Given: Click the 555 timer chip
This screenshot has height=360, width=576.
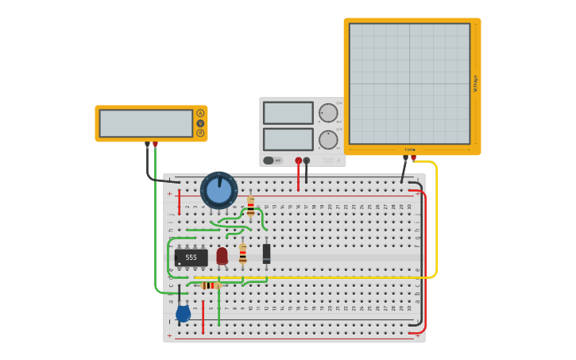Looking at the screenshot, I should [x=191, y=257].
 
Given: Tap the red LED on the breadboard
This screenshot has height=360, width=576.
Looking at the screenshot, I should [x=222, y=256].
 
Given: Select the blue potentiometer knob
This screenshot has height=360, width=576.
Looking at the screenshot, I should [x=218, y=190].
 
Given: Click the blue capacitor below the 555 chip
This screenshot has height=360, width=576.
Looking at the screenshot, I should [x=183, y=313].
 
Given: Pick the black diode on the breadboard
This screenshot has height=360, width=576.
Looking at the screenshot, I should [x=266, y=253].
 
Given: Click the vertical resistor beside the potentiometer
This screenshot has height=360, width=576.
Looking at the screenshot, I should [x=250, y=207].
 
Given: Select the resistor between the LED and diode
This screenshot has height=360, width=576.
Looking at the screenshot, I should [x=242, y=254].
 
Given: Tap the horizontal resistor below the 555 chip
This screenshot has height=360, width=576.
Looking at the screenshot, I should [x=209, y=285].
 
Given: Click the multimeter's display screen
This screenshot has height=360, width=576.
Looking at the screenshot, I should [x=146, y=123].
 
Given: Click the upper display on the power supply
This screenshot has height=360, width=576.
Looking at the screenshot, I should [x=288, y=113].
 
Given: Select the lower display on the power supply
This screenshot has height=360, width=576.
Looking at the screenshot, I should [x=288, y=139].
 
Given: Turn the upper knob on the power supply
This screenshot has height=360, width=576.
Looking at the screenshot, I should [x=328, y=113].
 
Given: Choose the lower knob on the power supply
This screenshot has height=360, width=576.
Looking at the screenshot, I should [x=328, y=140].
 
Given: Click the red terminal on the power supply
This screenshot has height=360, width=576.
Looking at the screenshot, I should [x=299, y=161].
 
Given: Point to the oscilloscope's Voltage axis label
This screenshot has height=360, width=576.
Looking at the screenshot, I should [x=475, y=83].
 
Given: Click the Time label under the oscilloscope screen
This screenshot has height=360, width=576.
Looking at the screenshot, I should [x=410, y=149].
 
